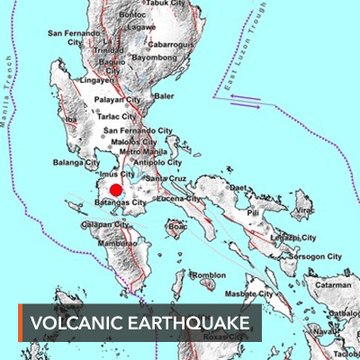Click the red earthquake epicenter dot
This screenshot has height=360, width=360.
point(115,190)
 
